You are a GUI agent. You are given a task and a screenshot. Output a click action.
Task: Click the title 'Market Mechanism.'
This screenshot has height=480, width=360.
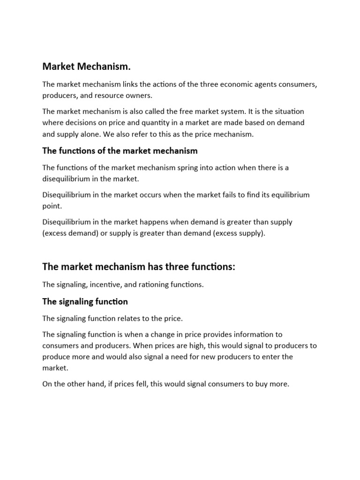[86, 67]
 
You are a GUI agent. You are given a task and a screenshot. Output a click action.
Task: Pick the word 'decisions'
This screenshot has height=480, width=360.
[81, 122]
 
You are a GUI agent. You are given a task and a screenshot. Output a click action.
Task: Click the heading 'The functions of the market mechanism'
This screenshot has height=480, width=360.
[120, 150]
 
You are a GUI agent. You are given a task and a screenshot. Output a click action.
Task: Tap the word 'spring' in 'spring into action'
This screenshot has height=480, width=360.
[194, 167]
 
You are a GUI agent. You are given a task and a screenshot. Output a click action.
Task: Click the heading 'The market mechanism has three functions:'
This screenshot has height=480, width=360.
[138, 267]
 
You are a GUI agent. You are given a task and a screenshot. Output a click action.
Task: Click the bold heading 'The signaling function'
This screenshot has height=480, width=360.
[85, 301]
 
